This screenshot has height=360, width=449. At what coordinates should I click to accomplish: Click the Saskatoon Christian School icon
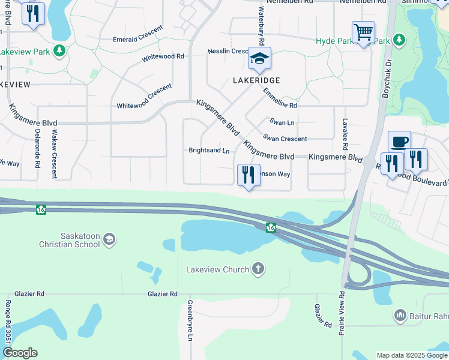click(109, 240)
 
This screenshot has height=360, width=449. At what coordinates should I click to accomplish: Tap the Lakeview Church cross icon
click(258, 269)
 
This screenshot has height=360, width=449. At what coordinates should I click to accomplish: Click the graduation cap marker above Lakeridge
click(259, 59)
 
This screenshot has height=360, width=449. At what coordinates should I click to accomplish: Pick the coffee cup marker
click(399, 142)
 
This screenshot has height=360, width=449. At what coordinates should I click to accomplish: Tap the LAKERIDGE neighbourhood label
click(258, 80)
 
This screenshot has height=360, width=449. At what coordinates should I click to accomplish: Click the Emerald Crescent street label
click(138, 34)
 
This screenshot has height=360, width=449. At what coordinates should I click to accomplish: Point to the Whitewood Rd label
click(163, 57)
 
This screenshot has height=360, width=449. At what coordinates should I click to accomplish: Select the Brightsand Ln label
click(209, 151)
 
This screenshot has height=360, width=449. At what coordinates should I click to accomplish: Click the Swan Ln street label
click(282, 122)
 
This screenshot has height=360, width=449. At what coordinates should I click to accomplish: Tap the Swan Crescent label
click(285, 139)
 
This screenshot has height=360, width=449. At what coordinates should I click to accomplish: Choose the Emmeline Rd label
click(280, 97)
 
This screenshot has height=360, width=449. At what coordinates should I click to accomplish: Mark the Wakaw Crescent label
click(54, 154)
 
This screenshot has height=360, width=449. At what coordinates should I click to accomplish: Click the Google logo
click(20, 353)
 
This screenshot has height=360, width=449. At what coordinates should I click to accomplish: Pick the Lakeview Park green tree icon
click(59, 50)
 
